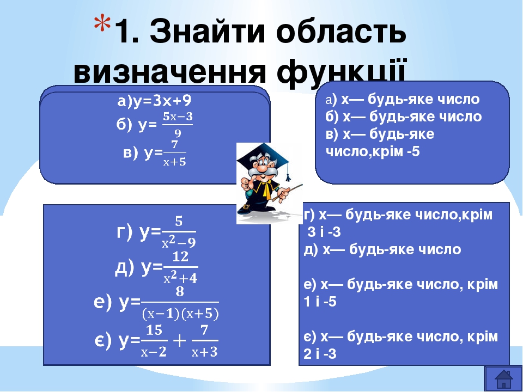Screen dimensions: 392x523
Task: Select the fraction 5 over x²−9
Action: (178, 231)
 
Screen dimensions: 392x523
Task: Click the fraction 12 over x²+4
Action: (180, 267)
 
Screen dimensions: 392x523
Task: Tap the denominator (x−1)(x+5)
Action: (180, 314)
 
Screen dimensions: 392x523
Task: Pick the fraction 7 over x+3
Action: (205, 341)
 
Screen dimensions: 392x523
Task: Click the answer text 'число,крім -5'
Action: (373, 151)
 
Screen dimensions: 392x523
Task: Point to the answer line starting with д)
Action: (382, 249)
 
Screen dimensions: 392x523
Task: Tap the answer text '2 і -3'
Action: (320, 354)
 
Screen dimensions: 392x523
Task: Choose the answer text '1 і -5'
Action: (320, 302)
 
